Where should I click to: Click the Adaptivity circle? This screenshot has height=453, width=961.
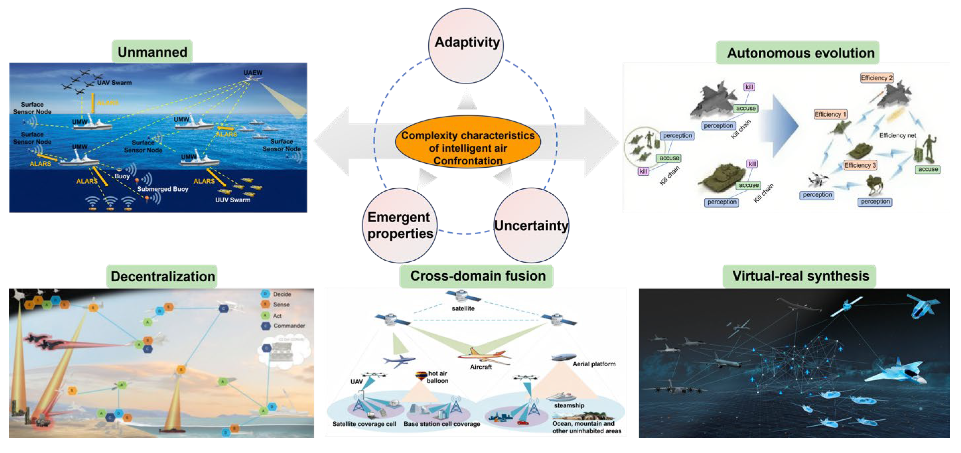(466, 45)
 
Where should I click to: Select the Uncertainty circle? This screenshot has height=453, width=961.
(531, 225)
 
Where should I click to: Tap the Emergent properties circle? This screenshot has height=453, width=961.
(399, 225)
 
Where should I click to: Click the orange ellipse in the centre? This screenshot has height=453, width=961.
(468, 142)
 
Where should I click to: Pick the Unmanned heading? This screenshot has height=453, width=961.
(152, 52)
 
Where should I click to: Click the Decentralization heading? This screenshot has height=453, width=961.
(162, 276)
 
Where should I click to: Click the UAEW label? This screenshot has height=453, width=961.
(252, 72)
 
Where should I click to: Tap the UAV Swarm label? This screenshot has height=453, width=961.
(114, 83)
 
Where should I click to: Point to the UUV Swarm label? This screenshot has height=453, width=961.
(233, 200)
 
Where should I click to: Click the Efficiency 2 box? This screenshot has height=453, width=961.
(877, 78)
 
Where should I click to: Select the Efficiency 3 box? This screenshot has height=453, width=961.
(860, 165)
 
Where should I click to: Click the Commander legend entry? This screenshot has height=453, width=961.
(289, 326)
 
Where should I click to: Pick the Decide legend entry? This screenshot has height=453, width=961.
(282, 294)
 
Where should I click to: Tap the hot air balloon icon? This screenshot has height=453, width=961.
(421, 375)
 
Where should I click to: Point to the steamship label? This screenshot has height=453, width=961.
(569, 406)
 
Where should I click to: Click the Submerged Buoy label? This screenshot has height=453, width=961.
(163, 189)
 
